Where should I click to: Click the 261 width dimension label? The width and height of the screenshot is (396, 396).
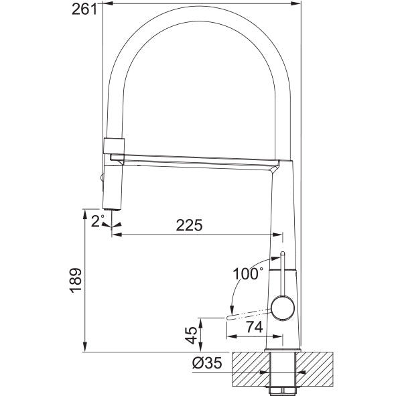[84, 9]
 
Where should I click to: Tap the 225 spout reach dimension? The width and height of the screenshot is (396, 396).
[189, 225]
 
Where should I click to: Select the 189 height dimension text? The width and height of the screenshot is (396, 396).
[76, 280]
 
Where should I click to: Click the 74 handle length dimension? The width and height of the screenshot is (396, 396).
[255, 327]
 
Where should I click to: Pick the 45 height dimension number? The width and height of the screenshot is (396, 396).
[191, 335]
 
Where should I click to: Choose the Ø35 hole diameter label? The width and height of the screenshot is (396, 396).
[207, 363]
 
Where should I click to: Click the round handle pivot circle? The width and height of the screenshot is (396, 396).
[283, 308]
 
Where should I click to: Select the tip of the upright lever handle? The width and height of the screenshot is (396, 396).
[283, 253]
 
